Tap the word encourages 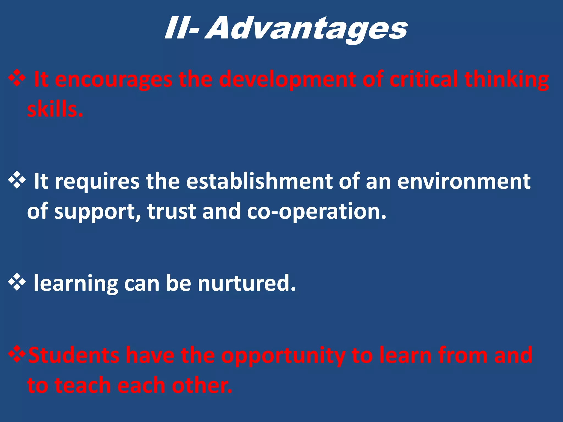point(114,80)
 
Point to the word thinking point(507,80)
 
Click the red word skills point(55,109)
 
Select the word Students point(74,355)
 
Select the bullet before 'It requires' point(17,181)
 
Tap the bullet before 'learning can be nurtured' point(17,282)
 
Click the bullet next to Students point(17,355)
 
